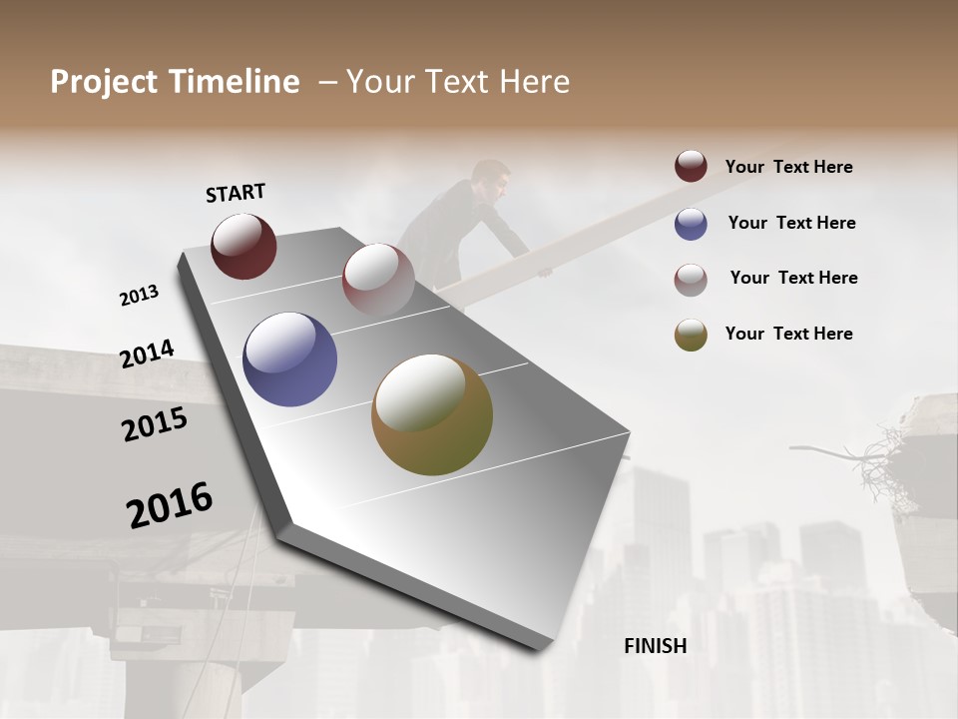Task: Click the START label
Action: pos(236,193)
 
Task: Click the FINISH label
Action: pos(656,646)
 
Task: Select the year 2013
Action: pos(139,296)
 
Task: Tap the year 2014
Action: pos(147,355)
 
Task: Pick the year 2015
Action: pos(155,425)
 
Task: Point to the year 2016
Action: pos(170,505)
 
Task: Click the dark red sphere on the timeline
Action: pos(243,246)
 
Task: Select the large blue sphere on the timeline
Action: pos(289,359)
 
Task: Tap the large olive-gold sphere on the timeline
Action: pos(432,414)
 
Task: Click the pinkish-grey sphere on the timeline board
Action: pos(378,279)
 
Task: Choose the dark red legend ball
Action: pos(691,167)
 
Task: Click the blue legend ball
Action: pos(691,224)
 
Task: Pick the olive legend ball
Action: pos(691,335)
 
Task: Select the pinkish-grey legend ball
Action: pos(691,279)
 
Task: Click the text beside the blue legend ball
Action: pos(791,223)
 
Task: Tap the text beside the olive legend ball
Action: pos(788,334)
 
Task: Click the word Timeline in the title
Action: pos(236,82)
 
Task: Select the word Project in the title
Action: pos(103,82)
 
